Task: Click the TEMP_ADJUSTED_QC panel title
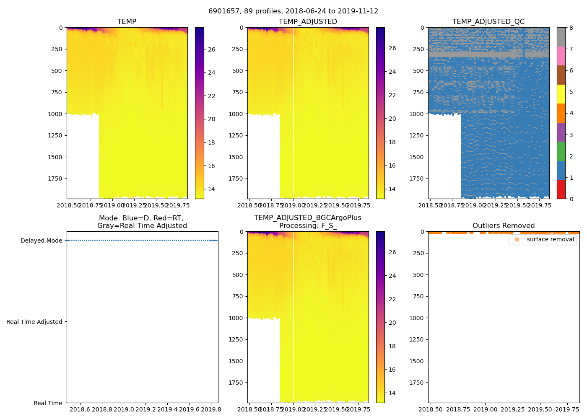click(488, 21)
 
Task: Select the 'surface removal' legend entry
click(550, 239)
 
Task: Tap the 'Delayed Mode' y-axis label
click(41, 241)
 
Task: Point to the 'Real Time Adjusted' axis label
click(34, 322)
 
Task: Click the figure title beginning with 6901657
click(293, 11)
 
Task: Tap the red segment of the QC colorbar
click(561, 189)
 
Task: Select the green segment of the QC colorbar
click(561, 151)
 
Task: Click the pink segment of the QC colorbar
click(561, 56)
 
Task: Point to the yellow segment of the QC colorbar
click(561, 94)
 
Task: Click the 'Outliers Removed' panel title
click(503, 225)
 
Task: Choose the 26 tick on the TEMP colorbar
click(212, 49)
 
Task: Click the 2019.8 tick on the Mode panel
click(211, 409)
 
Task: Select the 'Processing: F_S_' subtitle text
click(307, 225)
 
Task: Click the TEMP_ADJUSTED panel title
click(308, 21)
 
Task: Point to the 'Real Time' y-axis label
click(48, 403)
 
